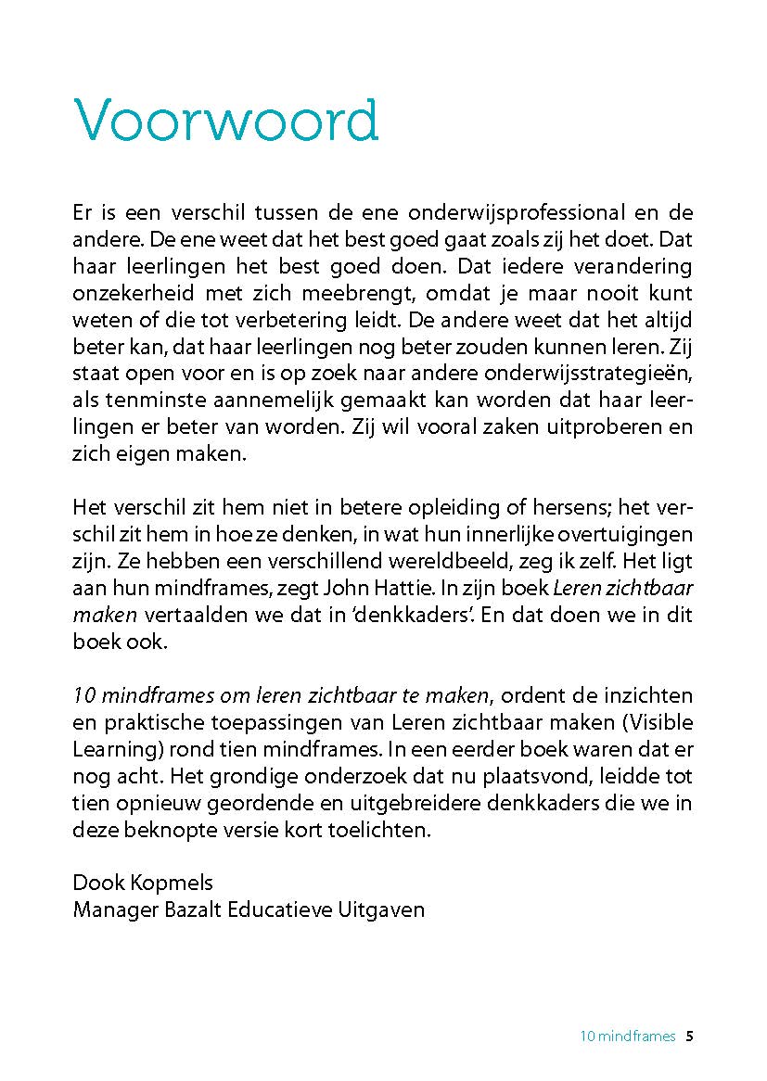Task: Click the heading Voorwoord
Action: (225, 120)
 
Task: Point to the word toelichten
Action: (386, 830)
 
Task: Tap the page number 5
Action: (689, 1036)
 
